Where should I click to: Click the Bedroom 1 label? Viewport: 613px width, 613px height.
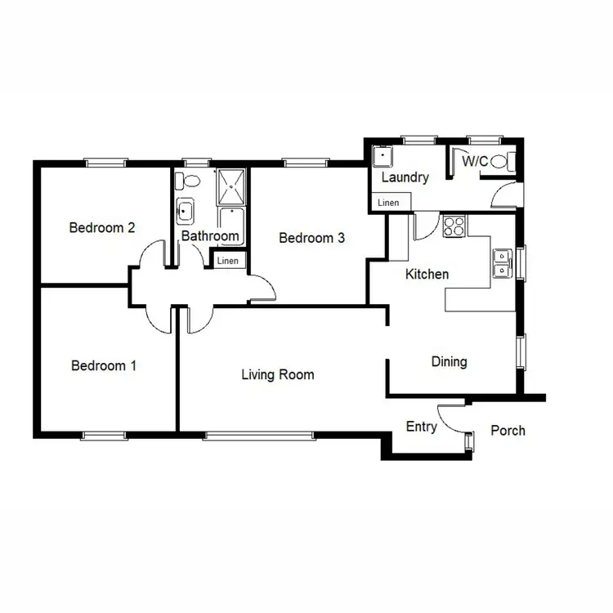pos(103,365)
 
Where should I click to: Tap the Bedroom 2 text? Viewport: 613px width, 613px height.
pos(101,228)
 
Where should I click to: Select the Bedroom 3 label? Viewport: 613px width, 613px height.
pos(311,238)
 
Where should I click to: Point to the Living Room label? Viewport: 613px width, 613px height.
pos(277,375)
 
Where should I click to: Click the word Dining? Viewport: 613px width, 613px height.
pos(449,361)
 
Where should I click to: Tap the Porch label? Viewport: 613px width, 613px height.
pos(508,431)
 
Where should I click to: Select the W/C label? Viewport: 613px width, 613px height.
pos(475,162)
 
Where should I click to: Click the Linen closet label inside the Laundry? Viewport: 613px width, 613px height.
pos(388,203)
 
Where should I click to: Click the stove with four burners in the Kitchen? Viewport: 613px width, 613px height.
pos(454,226)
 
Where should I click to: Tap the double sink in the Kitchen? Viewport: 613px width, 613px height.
pos(502,262)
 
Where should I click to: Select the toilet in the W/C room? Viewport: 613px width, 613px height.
pos(509,161)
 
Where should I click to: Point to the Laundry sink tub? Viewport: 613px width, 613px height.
pos(383,157)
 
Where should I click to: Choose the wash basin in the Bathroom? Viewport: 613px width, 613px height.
pos(186,212)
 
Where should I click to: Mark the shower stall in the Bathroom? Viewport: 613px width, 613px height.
pos(231,187)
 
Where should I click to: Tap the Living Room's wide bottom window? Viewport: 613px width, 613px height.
pos(257,434)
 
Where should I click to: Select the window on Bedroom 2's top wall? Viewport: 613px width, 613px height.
pos(107,162)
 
